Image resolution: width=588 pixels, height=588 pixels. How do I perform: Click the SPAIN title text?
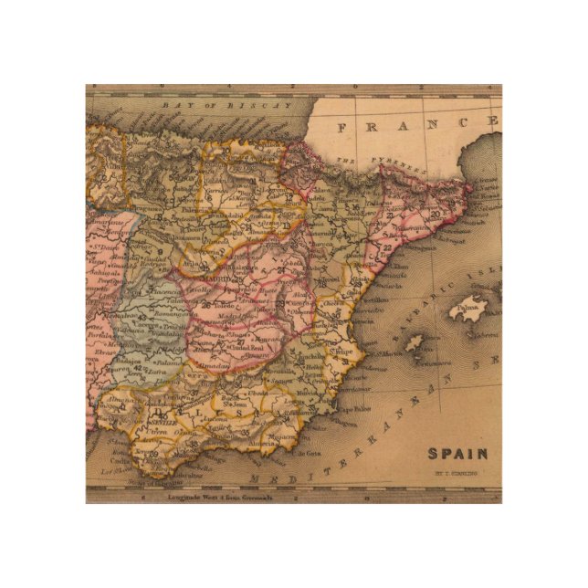coord(457,454)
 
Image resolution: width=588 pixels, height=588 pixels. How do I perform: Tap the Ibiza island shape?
coord(414,343)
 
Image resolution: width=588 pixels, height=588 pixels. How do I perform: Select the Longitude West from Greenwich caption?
coord(215,499)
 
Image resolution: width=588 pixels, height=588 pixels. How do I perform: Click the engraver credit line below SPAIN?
coord(457,473)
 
